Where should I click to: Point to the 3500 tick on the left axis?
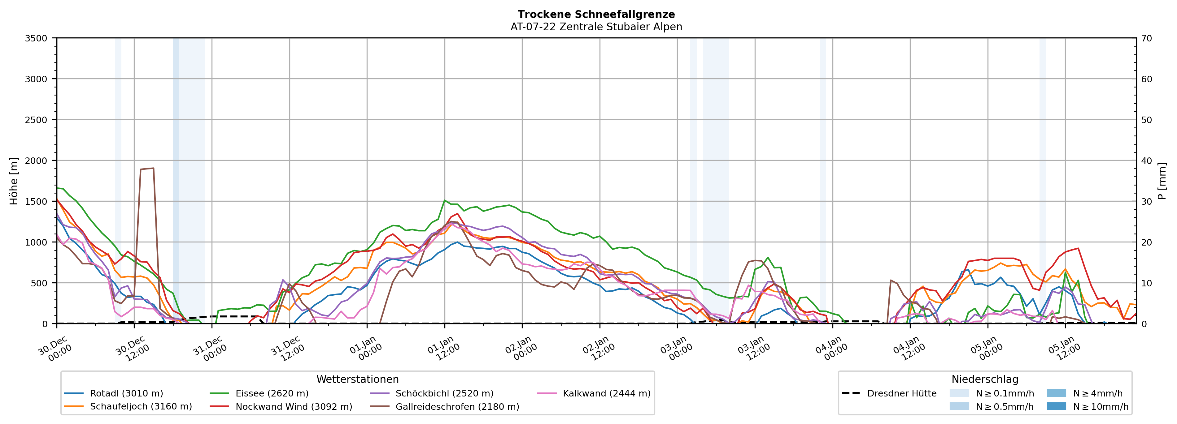pos(36,38)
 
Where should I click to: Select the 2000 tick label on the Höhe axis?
pos(36,161)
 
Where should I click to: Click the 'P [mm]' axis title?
pos(1162,181)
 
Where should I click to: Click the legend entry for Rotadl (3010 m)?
pos(126,393)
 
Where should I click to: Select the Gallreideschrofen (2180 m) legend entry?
pos(457,407)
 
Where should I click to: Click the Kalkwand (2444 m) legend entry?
pos(606,393)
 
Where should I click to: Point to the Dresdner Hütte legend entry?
pos(901,393)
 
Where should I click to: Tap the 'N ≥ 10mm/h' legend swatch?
pos(1056,406)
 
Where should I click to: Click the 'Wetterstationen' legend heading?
pos(357,379)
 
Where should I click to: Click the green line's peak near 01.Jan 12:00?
pos(445,200)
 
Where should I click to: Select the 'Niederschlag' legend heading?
pos(985,379)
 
